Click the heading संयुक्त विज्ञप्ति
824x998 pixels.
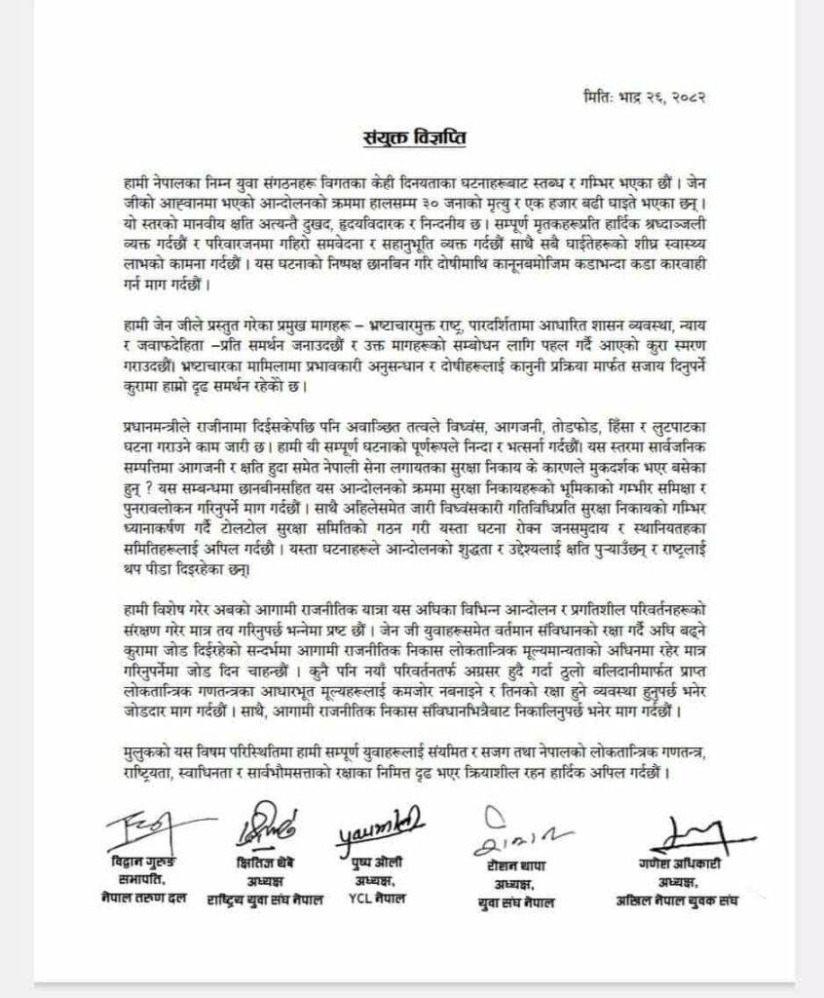(411, 135)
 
